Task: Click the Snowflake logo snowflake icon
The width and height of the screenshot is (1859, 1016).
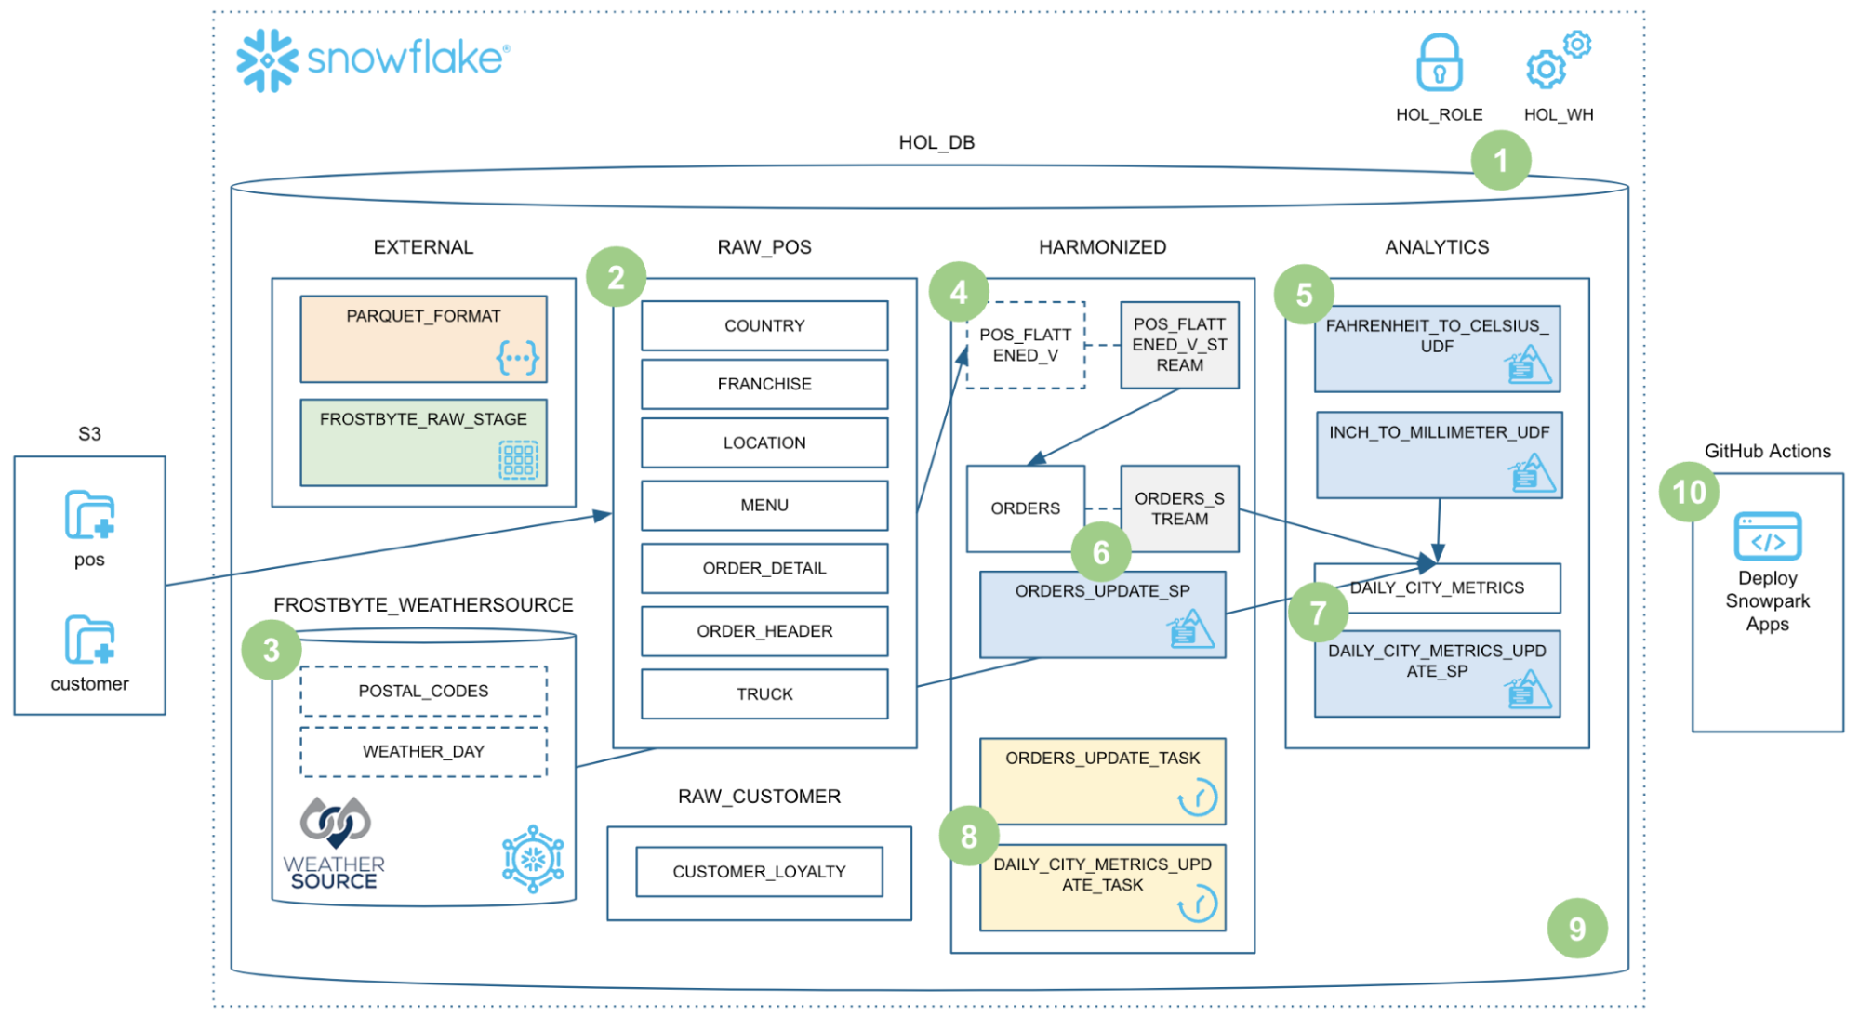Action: click(267, 60)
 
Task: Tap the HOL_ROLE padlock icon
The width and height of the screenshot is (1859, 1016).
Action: click(1439, 63)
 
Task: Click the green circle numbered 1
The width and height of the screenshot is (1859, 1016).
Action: click(1500, 161)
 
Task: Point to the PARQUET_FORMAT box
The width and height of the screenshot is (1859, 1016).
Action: click(423, 339)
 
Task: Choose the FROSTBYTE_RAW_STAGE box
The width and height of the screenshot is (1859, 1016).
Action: click(423, 442)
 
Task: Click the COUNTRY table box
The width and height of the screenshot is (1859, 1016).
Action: click(764, 326)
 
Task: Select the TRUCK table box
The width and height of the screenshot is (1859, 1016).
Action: click(764, 694)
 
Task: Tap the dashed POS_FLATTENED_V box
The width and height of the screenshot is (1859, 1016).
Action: click(1025, 345)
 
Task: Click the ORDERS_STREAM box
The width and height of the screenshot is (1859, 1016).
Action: click(1179, 508)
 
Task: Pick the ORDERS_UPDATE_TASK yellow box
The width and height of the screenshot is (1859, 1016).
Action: click(1102, 781)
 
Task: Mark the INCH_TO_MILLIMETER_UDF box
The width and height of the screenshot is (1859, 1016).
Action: click(1438, 455)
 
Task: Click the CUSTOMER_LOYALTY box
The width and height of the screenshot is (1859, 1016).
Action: click(759, 872)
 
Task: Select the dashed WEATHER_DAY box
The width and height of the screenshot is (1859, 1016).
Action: click(423, 752)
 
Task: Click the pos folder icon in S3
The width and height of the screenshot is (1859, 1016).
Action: click(89, 515)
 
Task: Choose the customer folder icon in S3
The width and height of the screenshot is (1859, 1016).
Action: click(89, 640)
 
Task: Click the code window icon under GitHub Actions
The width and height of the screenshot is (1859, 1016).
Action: click(1767, 536)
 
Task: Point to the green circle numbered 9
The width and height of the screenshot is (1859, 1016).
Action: click(1576, 929)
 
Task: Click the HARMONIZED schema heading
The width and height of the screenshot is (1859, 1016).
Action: click(1102, 247)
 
